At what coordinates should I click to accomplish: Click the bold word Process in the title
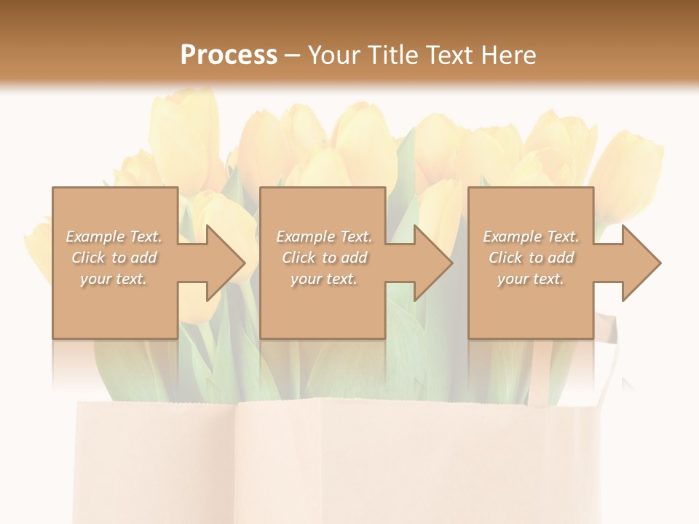point(229,55)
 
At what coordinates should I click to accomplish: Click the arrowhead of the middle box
point(433,263)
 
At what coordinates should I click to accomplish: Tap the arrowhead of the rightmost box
point(641,263)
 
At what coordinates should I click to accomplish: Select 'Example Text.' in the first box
point(114,237)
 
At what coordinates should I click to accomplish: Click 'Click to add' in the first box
point(114,258)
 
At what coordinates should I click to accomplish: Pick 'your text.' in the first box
point(114,279)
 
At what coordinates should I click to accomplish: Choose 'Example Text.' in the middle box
point(324,237)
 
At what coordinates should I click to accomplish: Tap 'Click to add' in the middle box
point(324,258)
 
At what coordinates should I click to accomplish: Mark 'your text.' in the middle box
point(324,279)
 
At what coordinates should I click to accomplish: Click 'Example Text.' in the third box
point(531,237)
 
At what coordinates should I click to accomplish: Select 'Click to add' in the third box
point(531,258)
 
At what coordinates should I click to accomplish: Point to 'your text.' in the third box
point(531,279)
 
